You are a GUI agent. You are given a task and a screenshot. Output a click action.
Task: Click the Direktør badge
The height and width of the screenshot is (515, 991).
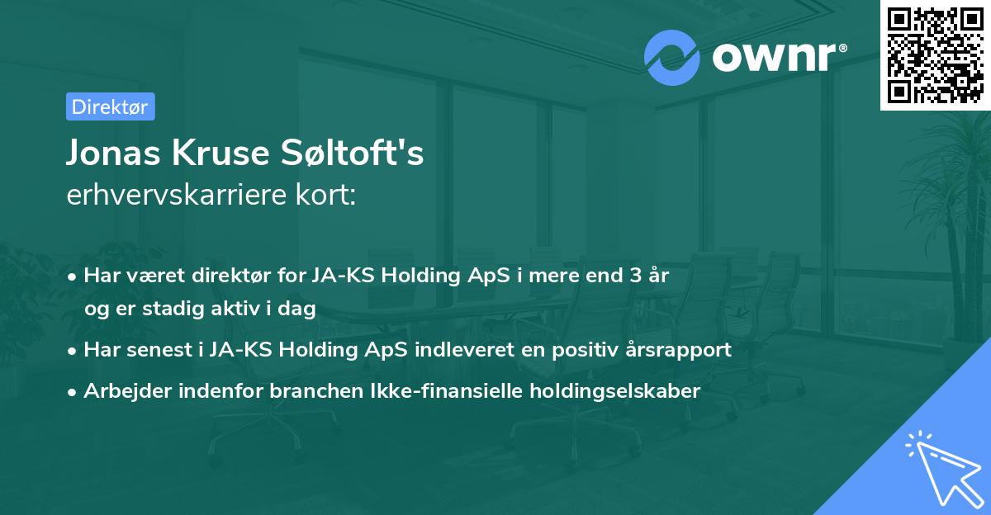110,106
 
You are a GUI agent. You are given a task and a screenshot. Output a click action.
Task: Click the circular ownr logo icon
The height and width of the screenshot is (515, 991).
672,57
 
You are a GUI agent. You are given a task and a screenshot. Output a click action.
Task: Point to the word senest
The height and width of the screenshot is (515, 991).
155,350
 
